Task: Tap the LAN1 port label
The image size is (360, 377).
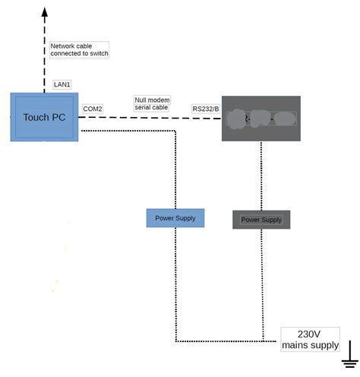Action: pos(62,84)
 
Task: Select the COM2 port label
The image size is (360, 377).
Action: pos(93,109)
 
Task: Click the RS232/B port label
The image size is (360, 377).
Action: pos(205,109)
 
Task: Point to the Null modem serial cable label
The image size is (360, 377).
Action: pos(152,103)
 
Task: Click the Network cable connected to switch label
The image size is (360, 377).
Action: pos(79,49)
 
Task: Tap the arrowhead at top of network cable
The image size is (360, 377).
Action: pos(44,11)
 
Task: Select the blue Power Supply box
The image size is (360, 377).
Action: pos(175,218)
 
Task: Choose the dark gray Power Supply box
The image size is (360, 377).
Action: pos(261,220)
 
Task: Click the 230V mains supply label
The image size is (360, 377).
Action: pos(310,339)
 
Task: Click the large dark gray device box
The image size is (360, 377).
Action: pos(261,119)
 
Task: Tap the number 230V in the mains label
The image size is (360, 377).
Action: pos(309,334)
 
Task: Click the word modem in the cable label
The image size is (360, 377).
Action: pos(159,100)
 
